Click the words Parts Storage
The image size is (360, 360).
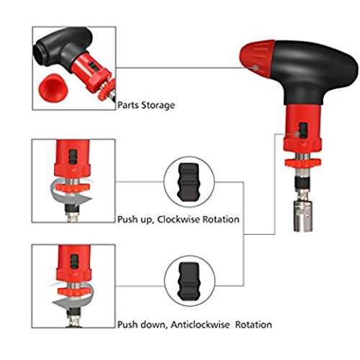pyautogui.click(x=146, y=105)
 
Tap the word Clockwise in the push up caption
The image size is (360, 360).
pyautogui.click(x=179, y=219)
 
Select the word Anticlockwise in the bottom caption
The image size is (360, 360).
pyautogui.click(x=200, y=325)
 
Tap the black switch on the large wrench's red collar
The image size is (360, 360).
pyautogui.click(x=303, y=130)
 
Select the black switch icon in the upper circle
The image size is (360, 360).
pyautogui.click(x=189, y=181)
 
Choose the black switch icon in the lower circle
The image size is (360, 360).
pyautogui.click(x=189, y=281)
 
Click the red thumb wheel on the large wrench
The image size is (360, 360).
pyautogui.click(x=302, y=163)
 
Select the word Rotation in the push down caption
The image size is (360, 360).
pyautogui.click(x=253, y=325)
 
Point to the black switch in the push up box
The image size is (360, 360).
pyautogui.click(x=73, y=157)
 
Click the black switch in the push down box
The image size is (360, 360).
pyautogui.click(x=75, y=261)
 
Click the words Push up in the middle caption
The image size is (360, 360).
pyautogui.click(x=135, y=220)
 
